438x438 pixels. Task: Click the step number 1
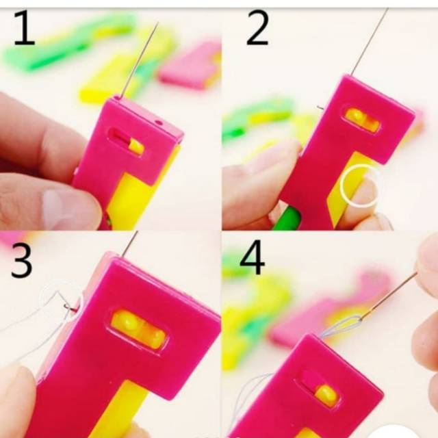[25, 28]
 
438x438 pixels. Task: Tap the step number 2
[257, 28]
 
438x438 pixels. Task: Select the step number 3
[21, 260]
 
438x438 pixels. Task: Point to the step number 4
[252, 257]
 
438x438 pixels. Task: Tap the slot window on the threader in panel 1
[126, 142]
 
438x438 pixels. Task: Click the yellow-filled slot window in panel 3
[138, 330]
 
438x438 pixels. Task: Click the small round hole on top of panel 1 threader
[159, 123]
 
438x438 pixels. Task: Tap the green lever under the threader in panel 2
[287, 219]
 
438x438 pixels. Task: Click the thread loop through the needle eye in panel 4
[342, 324]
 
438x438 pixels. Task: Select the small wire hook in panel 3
[69, 308]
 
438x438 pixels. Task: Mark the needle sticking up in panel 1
[140, 60]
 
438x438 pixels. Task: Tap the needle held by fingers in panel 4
[388, 296]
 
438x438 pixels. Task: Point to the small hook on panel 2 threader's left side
[321, 107]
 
